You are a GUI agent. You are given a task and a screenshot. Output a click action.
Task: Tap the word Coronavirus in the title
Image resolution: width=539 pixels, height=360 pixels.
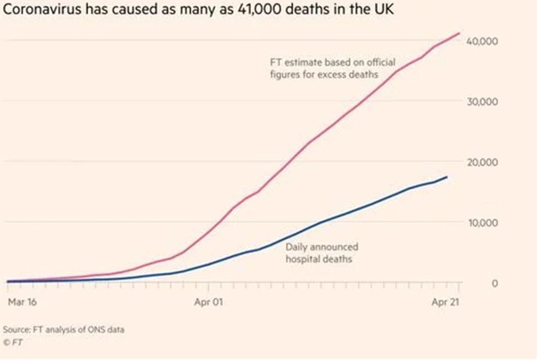43,10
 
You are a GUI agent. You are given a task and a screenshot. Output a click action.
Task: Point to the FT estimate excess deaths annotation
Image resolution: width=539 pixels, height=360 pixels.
333,68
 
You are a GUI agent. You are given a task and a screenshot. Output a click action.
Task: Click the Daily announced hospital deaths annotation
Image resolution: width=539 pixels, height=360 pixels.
322,253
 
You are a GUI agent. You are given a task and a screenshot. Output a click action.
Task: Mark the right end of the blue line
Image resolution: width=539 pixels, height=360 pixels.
447,177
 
